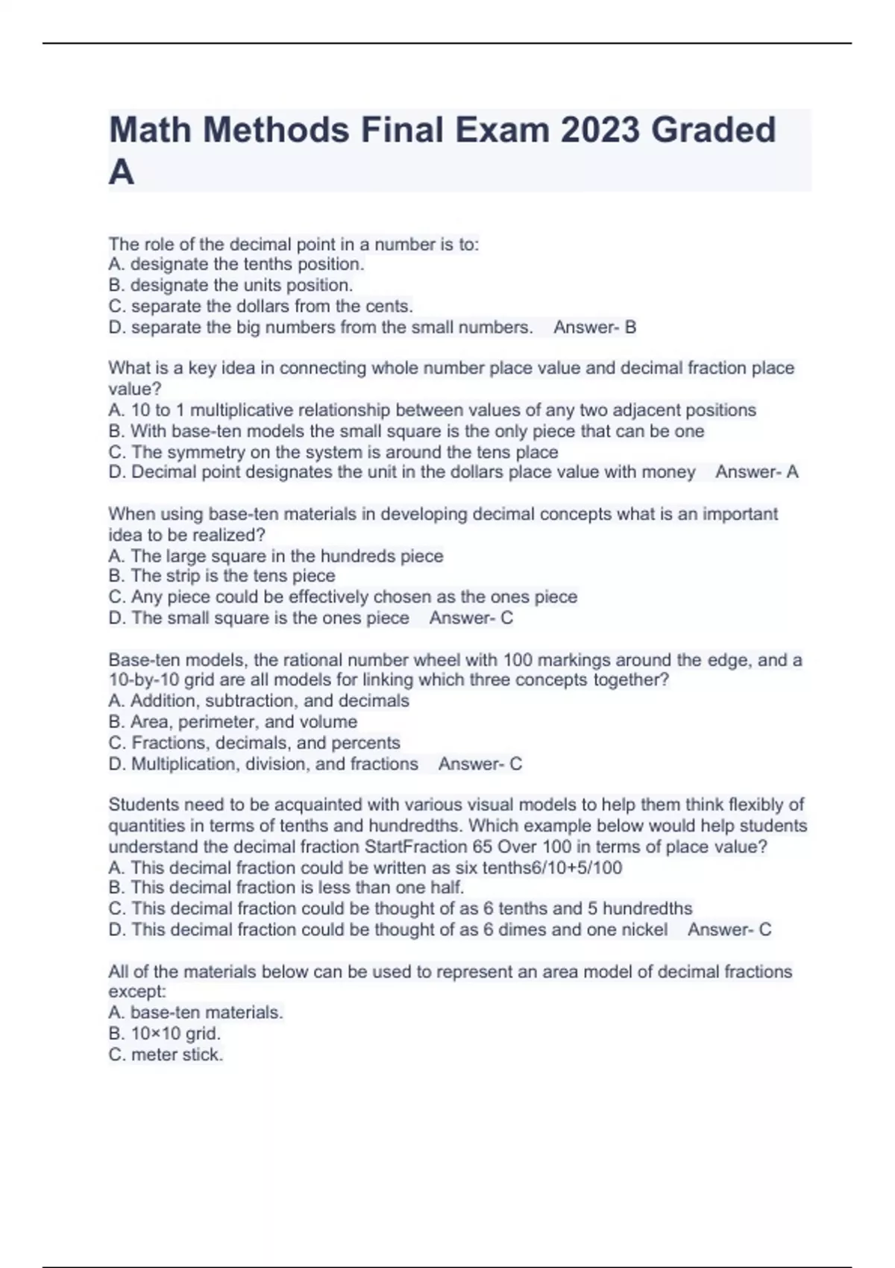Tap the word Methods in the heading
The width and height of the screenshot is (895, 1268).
click(276, 130)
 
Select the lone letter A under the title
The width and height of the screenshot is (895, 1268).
click(122, 172)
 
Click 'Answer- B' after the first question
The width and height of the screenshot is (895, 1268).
click(594, 327)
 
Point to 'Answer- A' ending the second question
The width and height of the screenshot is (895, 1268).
click(756, 472)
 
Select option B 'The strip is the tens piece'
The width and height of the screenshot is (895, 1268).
click(222, 576)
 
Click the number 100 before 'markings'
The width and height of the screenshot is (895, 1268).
click(518, 660)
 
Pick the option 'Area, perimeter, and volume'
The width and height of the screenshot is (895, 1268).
click(233, 722)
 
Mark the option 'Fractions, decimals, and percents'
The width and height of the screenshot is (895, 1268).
click(254, 743)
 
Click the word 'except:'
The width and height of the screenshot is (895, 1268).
click(137, 992)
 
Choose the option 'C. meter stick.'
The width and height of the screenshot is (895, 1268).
click(166, 1055)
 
